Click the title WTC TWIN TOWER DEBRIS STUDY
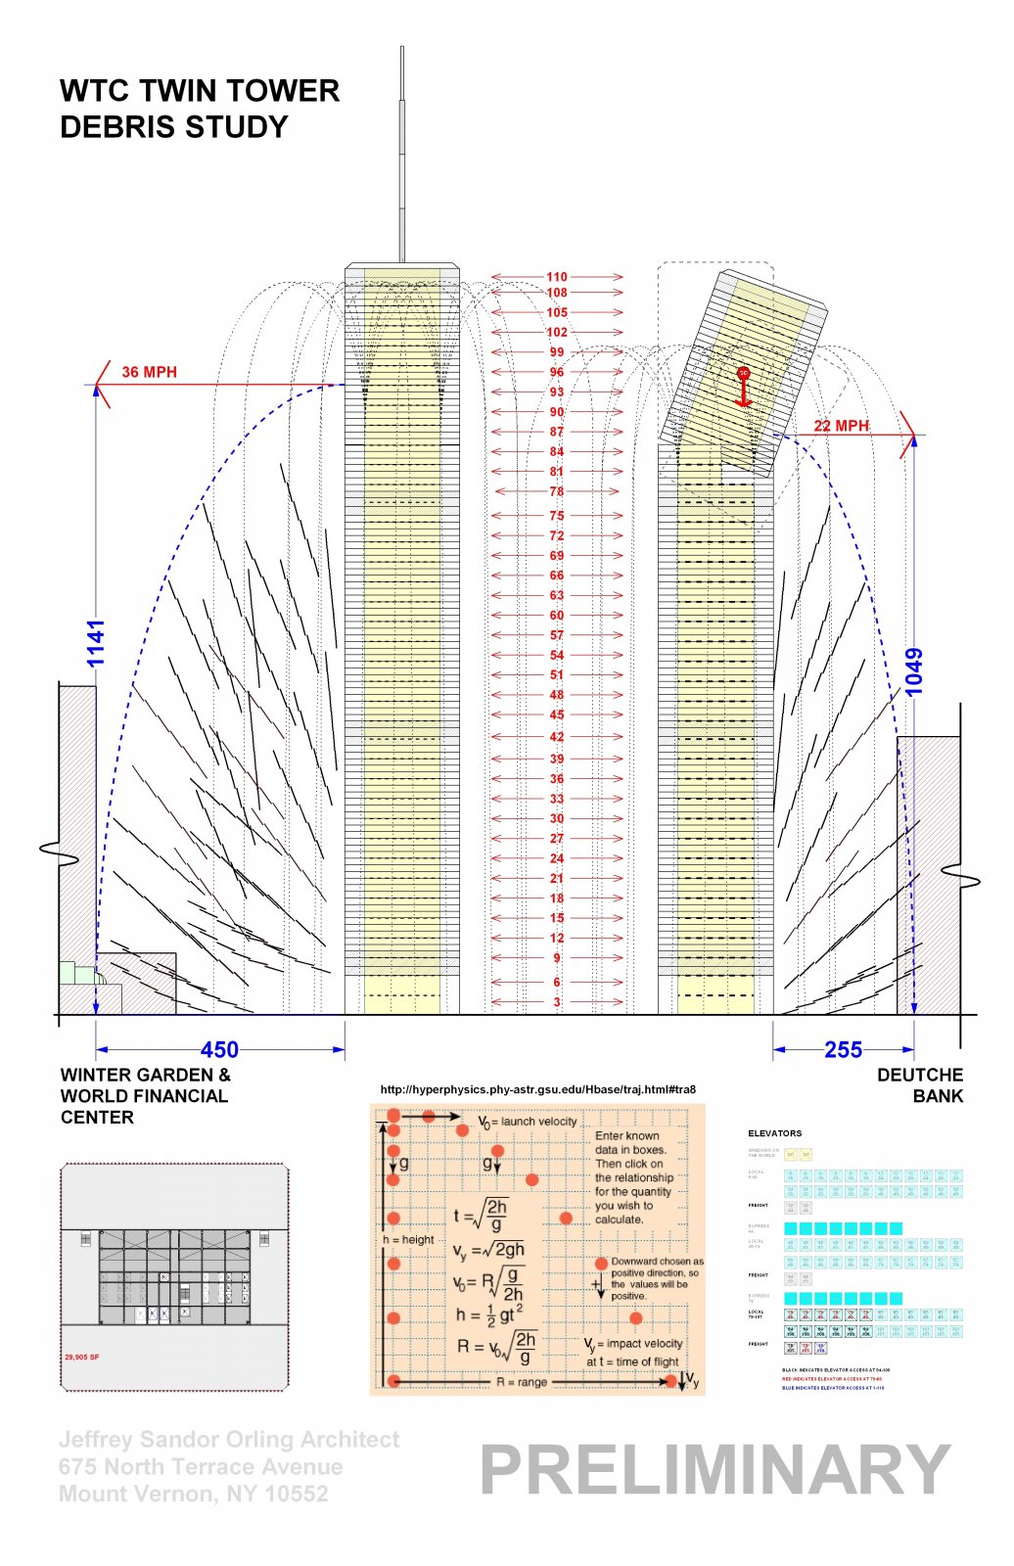200,109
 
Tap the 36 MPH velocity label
149,372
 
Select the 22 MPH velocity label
841,426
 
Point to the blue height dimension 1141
96,643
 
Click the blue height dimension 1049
914,671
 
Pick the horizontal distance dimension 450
219,1050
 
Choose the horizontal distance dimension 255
843,1050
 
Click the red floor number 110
557,277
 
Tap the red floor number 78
557,491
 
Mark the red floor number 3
557,1001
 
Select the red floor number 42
557,736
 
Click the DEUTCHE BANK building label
919,1085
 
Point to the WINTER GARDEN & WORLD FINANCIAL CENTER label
145,1096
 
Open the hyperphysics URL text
537,1089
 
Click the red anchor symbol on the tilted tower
743,388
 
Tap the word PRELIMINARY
714,1470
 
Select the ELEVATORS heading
774,1133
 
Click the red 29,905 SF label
81,1357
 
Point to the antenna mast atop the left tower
401,157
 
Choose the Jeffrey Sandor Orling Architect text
229,1440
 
